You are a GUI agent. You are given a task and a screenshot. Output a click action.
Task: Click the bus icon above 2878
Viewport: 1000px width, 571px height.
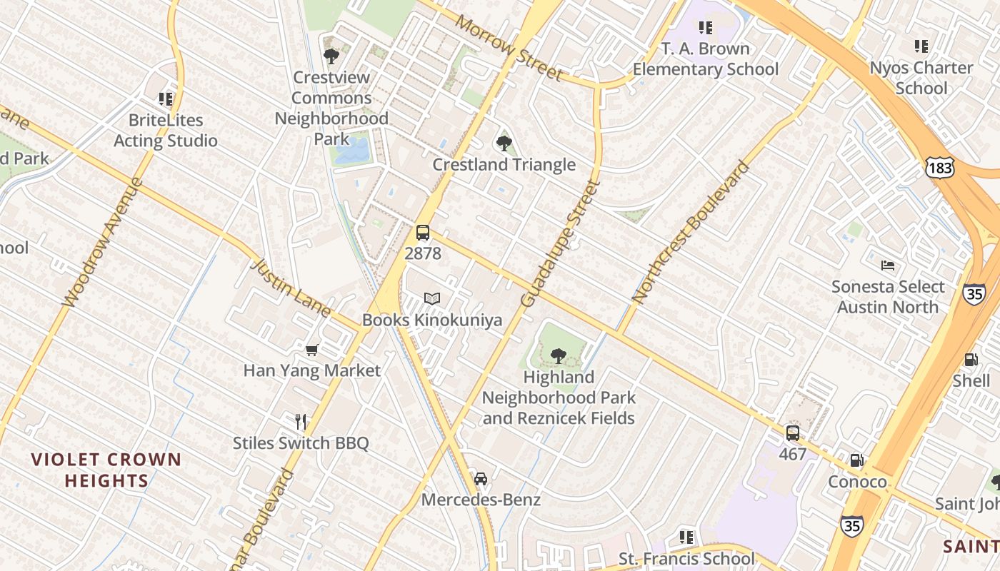point(423,233)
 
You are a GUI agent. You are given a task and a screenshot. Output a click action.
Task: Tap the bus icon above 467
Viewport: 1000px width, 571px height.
point(793,433)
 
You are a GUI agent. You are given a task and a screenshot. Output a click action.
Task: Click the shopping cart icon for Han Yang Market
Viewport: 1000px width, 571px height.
point(311,350)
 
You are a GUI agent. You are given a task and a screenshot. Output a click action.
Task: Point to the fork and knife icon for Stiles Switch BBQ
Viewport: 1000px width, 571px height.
point(301,422)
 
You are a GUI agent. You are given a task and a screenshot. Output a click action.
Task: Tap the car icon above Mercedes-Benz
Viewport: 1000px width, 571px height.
point(481,478)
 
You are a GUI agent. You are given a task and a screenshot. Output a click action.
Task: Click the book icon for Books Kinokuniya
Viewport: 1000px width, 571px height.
point(431,298)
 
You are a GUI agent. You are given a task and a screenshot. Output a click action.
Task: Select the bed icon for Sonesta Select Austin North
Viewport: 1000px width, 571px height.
point(887,266)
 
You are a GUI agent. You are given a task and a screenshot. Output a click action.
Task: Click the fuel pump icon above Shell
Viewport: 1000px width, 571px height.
point(971,360)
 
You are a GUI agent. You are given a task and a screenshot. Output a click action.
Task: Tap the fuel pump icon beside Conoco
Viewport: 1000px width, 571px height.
point(856,460)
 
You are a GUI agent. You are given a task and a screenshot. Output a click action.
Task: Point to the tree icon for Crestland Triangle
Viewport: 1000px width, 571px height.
point(504,143)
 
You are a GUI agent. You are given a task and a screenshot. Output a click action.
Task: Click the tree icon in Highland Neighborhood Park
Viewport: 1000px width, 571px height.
point(559,355)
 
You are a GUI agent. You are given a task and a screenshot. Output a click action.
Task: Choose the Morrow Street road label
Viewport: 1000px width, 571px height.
point(509,48)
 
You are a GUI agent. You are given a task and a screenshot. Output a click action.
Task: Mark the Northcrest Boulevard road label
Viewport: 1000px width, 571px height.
point(691,233)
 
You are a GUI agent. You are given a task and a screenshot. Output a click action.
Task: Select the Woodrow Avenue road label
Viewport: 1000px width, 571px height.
point(103,243)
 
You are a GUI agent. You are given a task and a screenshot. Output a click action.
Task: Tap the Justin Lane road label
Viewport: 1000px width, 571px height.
point(291,288)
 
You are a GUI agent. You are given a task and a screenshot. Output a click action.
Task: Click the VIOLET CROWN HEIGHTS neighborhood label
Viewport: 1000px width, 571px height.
point(106,470)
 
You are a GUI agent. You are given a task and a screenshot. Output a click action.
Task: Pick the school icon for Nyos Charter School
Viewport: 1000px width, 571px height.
point(921,46)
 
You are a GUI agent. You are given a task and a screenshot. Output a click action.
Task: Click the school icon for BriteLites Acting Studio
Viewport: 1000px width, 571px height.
point(166,98)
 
